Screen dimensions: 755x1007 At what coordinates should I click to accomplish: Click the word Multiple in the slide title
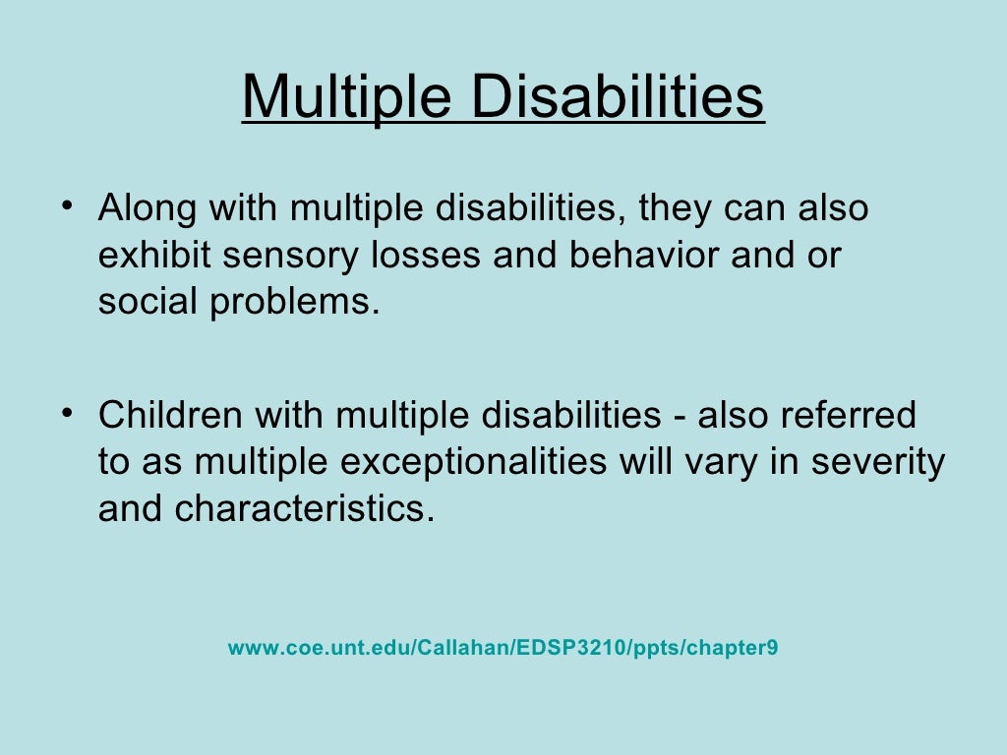tap(345, 97)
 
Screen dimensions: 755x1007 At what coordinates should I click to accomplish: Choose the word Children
tap(170, 415)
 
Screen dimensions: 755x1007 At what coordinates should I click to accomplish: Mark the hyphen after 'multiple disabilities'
tap(679, 417)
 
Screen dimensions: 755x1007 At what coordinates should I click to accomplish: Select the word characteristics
tap(304, 509)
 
